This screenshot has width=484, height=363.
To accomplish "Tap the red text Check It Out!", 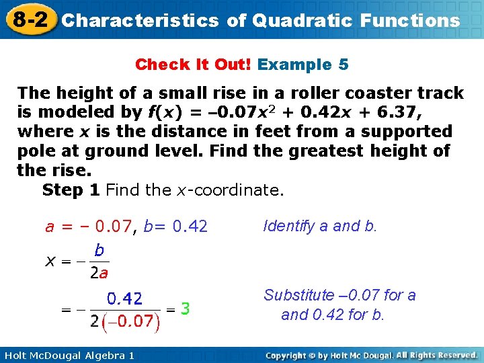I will (x=194, y=65).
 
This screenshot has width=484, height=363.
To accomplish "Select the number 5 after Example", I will (x=344, y=65).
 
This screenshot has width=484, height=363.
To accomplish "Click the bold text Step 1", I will (x=71, y=190).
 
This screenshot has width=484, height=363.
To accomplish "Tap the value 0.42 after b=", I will (x=190, y=227).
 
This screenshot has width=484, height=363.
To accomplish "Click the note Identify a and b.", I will (x=320, y=226).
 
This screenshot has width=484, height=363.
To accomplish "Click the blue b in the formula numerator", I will (x=99, y=250).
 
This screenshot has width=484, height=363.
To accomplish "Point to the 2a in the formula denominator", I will (x=98, y=273).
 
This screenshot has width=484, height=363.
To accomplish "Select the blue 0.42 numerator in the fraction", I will (x=125, y=298).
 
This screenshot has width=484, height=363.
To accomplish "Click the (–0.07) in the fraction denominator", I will (x=131, y=321).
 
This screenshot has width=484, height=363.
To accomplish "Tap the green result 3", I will (x=185, y=309).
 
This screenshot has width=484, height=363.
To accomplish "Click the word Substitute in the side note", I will (x=298, y=295).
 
